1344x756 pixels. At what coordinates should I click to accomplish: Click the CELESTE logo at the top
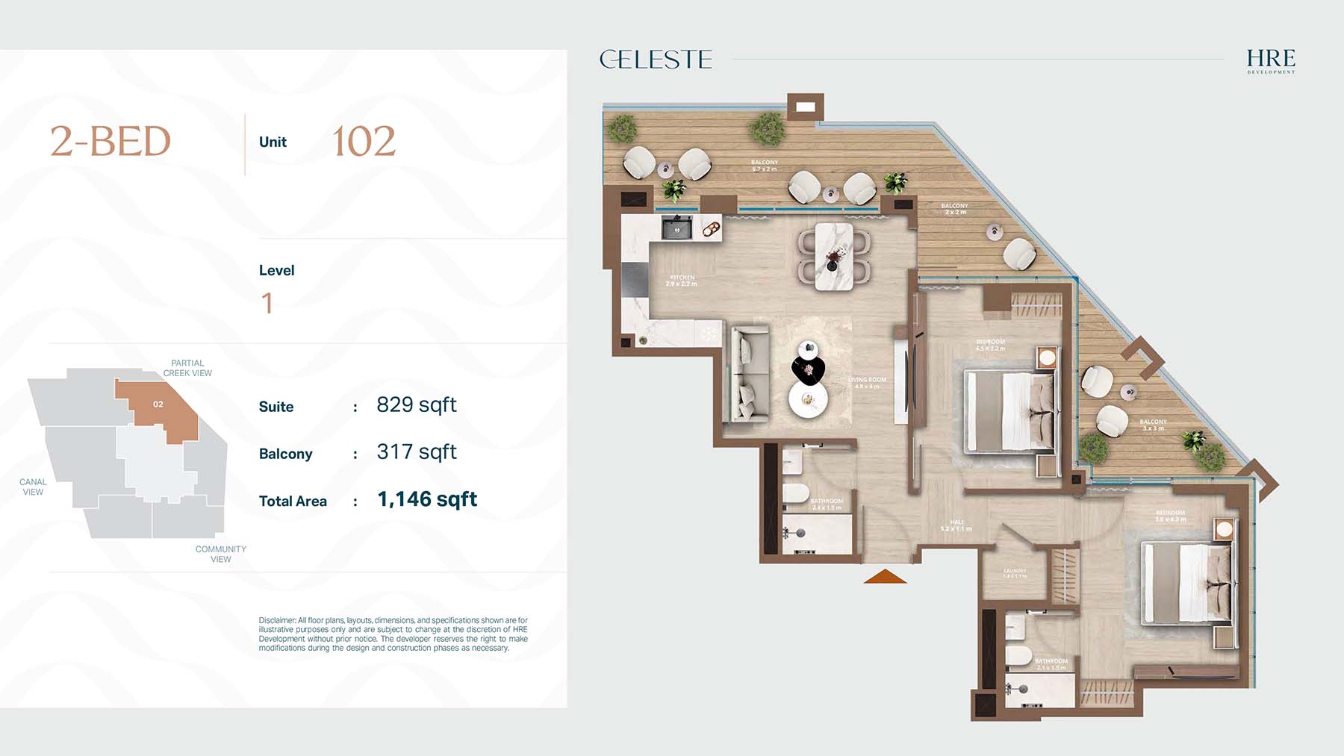click(x=656, y=60)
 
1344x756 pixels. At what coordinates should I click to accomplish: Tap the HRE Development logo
click(x=1271, y=60)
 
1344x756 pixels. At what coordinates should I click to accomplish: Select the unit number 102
click(x=364, y=142)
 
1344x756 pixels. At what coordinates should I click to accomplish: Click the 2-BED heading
click(x=111, y=142)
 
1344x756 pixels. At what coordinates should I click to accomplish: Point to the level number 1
click(x=267, y=303)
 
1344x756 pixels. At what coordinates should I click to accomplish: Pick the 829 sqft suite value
click(x=416, y=405)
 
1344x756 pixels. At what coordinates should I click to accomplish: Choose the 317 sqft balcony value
click(x=416, y=452)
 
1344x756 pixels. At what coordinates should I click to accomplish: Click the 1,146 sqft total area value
click(x=427, y=499)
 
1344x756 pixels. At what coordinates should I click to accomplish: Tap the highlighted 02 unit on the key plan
click(x=158, y=404)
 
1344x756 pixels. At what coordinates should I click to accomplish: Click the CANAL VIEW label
click(x=33, y=487)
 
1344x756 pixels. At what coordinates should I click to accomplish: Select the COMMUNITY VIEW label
click(x=220, y=554)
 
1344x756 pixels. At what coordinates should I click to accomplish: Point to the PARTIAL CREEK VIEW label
click(x=187, y=368)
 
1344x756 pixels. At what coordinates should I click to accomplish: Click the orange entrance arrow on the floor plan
click(x=885, y=576)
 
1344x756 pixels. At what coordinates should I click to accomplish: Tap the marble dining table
click(x=833, y=256)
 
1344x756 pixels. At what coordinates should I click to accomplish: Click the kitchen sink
click(x=677, y=228)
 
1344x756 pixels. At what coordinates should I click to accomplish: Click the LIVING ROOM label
click(x=867, y=382)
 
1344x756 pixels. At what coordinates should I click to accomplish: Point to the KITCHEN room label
click(x=682, y=280)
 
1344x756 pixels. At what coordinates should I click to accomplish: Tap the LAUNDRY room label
click(x=1015, y=572)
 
